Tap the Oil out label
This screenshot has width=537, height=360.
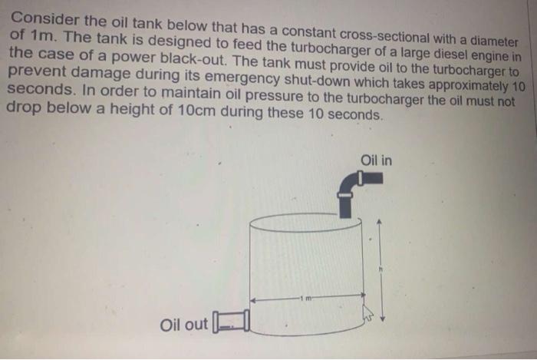coord(184,325)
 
